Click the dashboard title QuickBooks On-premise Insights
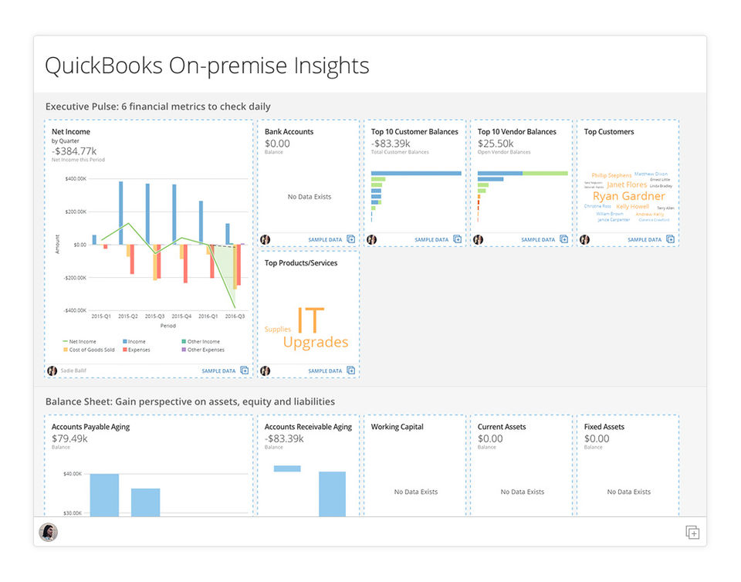click(x=207, y=66)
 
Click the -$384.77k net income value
click(x=74, y=151)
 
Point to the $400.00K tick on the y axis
click(x=76, y=179)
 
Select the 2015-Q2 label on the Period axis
click(x=128, y=316)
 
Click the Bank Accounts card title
click(x=289, y=132)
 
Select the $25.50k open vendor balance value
click(x=496, y=144)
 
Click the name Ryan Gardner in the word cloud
click(x=628, y=196)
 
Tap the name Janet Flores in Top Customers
click(x=627, y=185)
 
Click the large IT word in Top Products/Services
click(x=310, y=320)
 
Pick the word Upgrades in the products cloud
click(x=315, y=342)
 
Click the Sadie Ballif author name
click(x=74, y=371)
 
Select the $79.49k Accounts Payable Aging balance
click(x=69, y=438)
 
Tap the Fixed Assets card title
click(x=604, y=427)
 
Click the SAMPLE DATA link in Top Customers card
click(x=645, y=240)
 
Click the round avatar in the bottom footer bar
click(x=49, y=533)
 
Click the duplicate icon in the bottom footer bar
click(x=692, y=533)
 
